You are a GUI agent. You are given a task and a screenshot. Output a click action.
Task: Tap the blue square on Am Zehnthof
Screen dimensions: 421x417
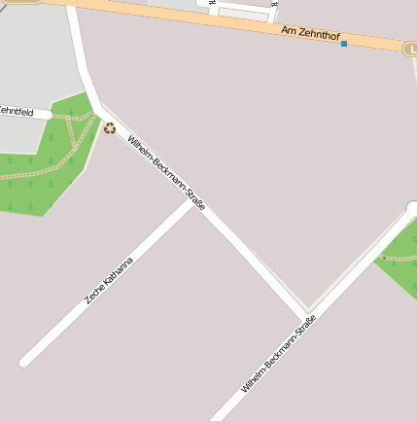pos(344,44)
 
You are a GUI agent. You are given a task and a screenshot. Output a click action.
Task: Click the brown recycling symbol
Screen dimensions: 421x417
pos(110,127)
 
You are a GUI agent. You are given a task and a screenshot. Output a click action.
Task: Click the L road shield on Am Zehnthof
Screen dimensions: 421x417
pos(410,48)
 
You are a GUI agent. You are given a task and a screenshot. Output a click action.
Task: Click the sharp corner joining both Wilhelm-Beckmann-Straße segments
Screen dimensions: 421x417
pos(308,313)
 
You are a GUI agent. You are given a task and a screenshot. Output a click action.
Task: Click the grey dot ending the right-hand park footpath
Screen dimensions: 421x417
pos(383,258)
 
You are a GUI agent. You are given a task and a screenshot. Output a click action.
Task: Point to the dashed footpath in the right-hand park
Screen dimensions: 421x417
pos(399,259)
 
